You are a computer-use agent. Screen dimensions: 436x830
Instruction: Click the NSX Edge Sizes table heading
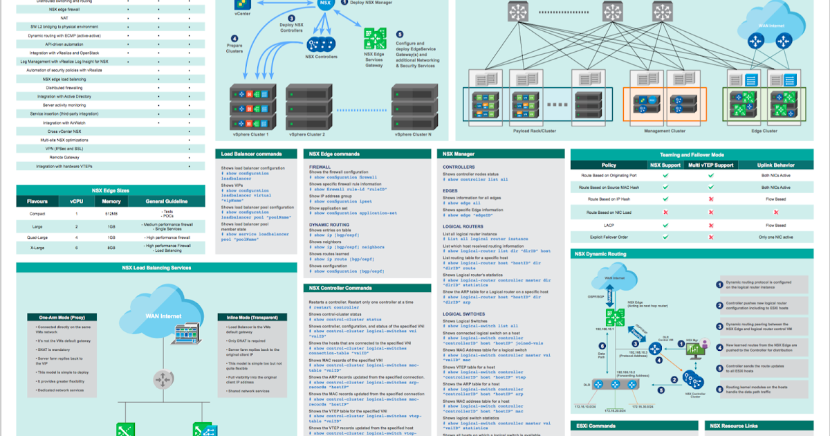pos(111,190)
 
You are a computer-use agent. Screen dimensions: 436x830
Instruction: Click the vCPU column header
pos(77,201)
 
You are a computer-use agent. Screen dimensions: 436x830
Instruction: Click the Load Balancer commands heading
pos(251,154)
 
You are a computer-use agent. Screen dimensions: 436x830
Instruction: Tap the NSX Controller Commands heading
pos(340,288)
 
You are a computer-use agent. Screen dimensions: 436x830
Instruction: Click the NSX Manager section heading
pos(459,154)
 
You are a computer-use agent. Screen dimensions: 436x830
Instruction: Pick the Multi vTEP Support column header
pos(710,165)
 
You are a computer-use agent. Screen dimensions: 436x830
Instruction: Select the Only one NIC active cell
pos(776,237)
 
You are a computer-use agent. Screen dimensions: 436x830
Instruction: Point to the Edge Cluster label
pos(764,130)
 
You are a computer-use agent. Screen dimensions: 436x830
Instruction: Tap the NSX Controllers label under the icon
pos(322,57)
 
